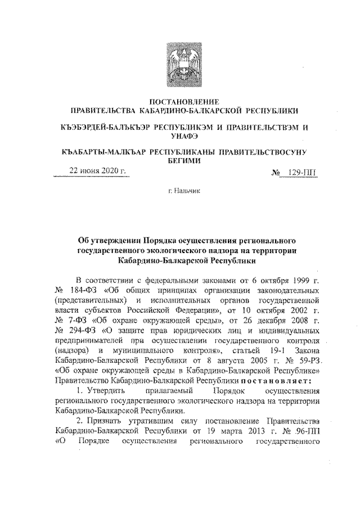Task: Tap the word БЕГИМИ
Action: [180, 160]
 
